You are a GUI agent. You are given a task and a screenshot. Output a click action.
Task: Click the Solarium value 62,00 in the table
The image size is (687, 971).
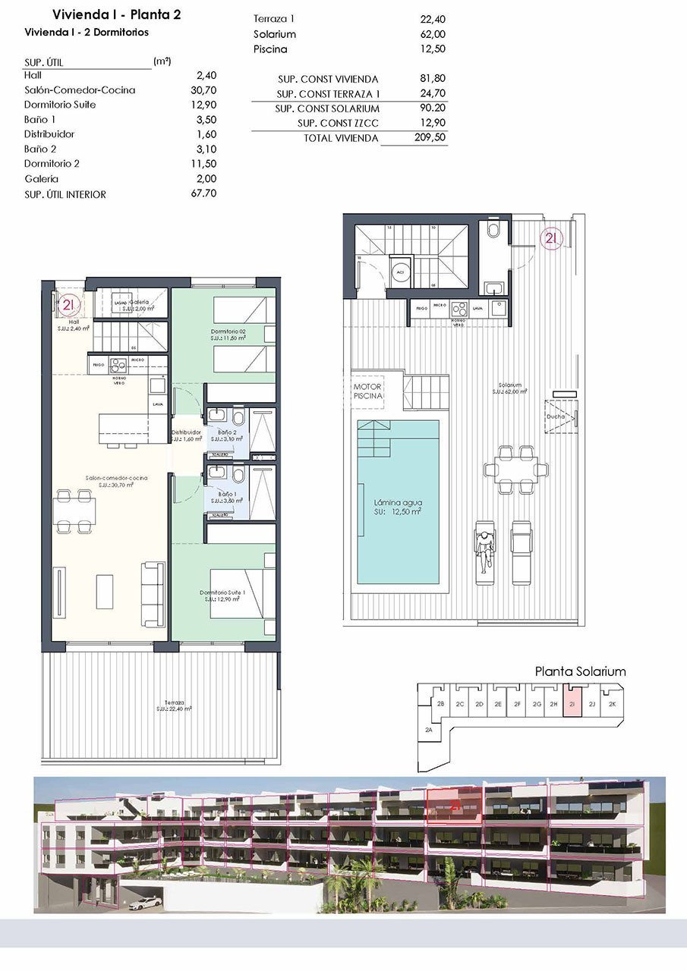pos(431,34)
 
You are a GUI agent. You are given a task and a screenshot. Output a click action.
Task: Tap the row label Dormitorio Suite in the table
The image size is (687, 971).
pos(60,105)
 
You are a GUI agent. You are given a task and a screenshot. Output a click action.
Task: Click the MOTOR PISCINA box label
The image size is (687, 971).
pos(368,391)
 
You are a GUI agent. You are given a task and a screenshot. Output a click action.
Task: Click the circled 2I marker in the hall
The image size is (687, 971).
pos(69,305)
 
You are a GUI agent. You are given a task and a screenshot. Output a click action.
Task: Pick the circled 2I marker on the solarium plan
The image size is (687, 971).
pos(552,238)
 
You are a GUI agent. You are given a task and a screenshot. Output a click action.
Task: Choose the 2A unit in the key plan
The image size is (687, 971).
pos(429,730)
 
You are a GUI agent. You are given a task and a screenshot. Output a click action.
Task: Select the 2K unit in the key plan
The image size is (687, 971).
pos(612,704)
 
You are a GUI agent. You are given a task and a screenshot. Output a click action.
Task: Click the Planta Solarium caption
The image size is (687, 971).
pos(580,671)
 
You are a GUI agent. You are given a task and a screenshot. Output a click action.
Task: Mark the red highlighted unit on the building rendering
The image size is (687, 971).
pos(454,806)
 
